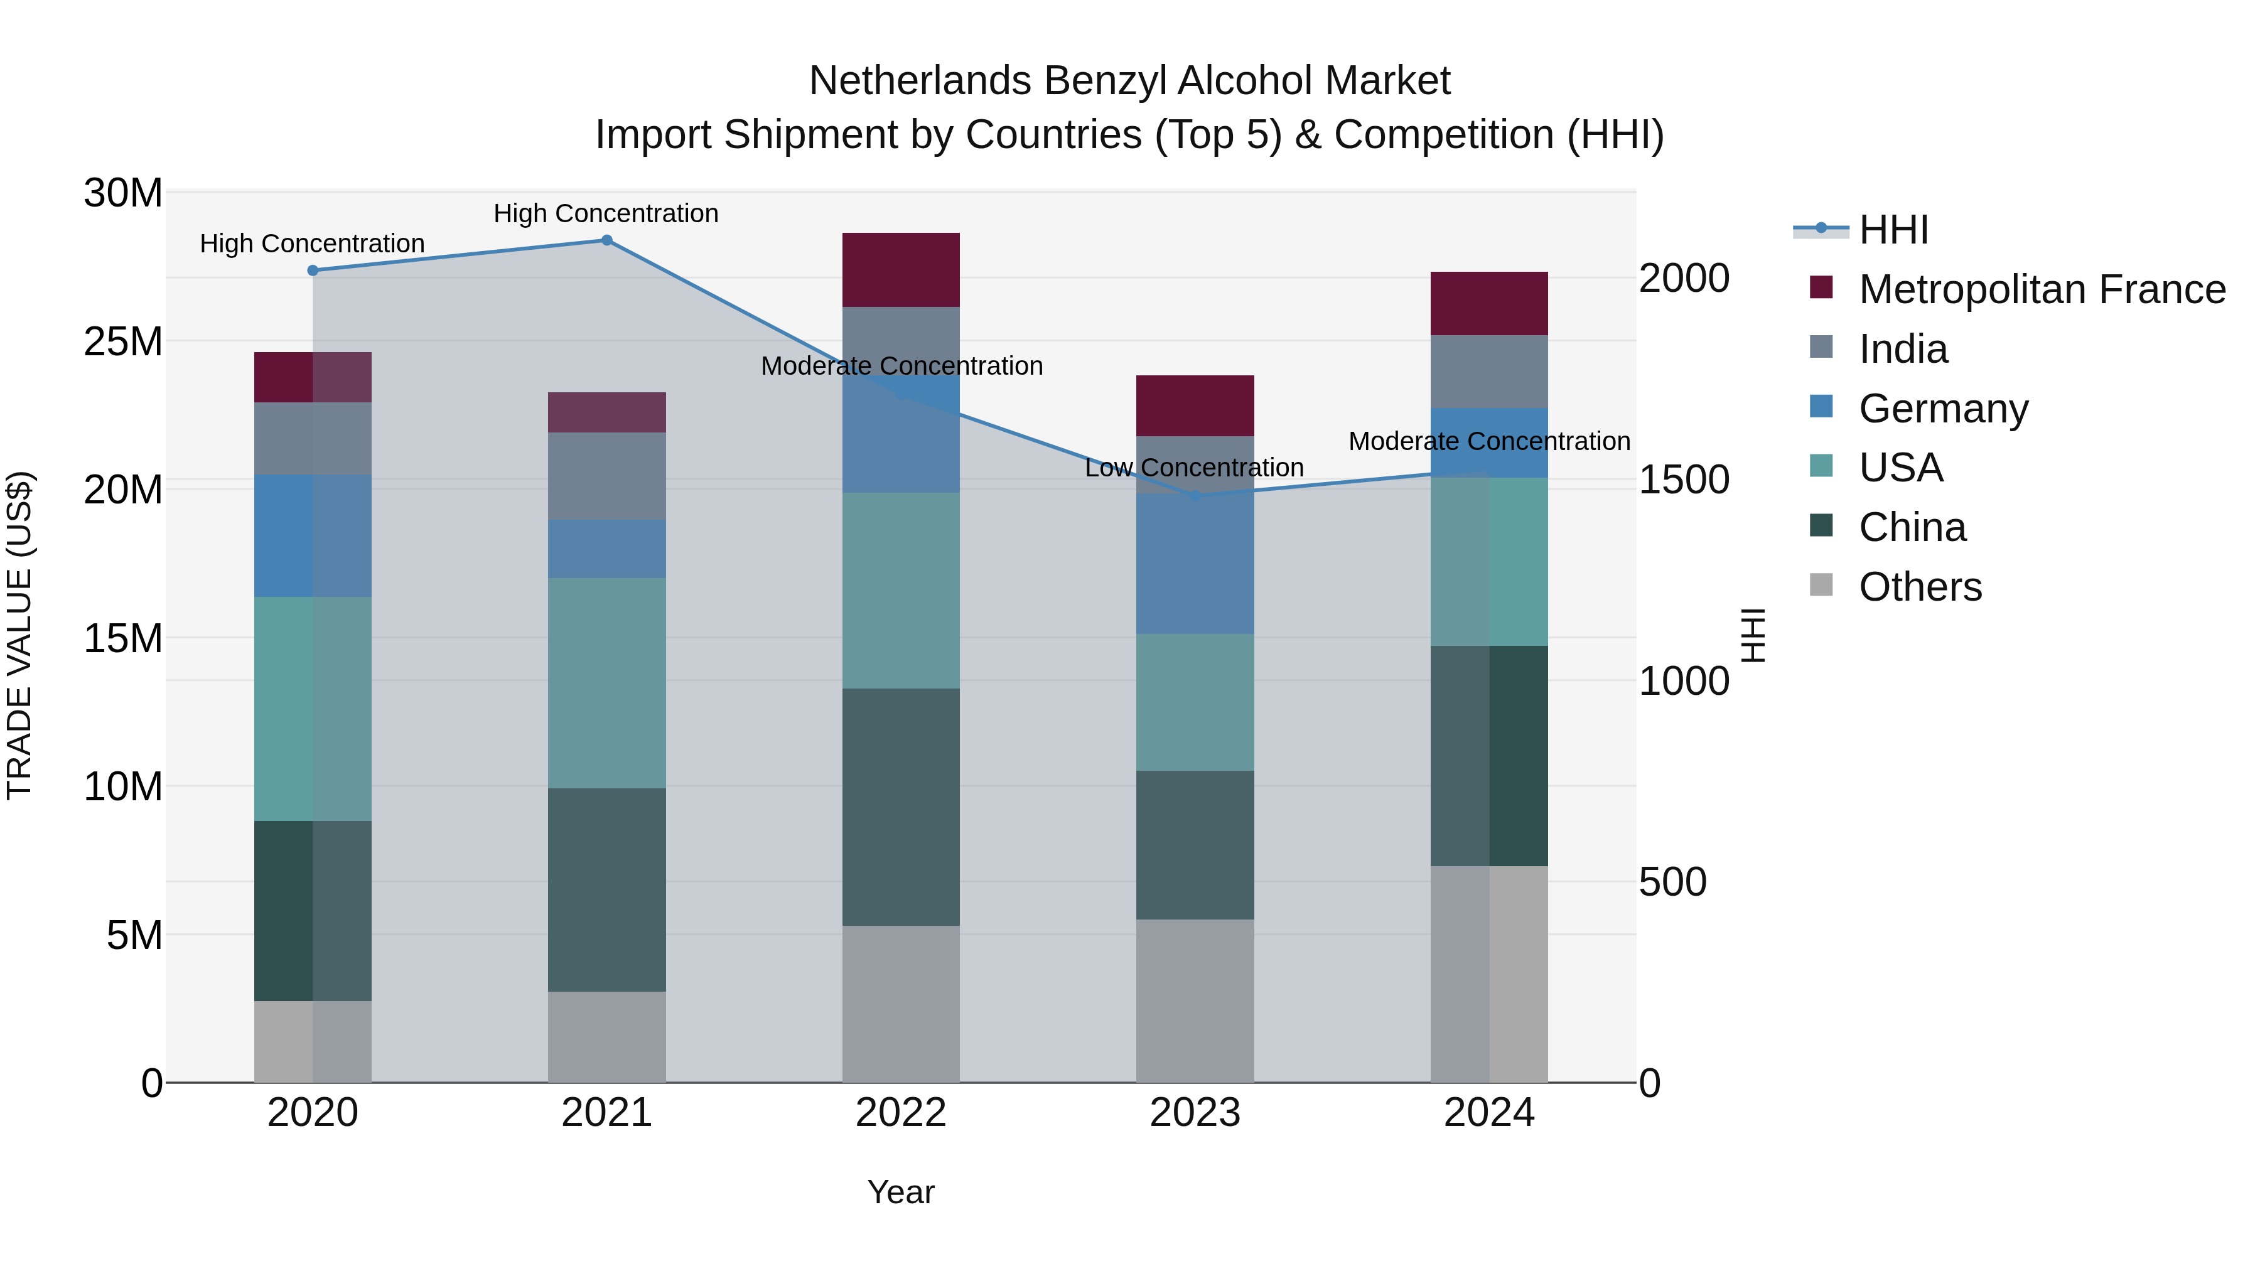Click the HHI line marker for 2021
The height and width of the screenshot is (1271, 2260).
[x=606, y=240]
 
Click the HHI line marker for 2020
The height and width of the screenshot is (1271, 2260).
[x=313, y=270]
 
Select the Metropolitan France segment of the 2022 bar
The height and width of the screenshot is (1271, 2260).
[x=900, y=269]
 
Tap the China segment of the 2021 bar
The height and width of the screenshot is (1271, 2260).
[x=606, y=889]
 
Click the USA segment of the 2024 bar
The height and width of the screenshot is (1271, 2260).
[x=1489, y=561]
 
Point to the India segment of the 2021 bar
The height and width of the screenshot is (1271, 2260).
[x=606, y=475]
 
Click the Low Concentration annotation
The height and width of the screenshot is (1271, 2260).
[x=1194, y=468]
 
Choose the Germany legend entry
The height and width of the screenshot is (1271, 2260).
[x=1942, y=408]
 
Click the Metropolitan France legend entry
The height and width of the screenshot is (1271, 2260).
[x=2042, y=289]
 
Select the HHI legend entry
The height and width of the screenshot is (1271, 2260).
[x=1893, y=230]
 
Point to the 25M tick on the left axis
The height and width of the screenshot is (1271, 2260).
[x=123, y=341]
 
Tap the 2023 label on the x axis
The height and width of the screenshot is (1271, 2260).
[x=1194, y=1113]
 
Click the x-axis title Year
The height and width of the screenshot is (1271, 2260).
[x=900, y=1192]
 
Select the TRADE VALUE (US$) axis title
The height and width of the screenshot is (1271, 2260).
[x=19, y=635]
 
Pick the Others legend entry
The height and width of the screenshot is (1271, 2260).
[x=1920, y=587]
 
